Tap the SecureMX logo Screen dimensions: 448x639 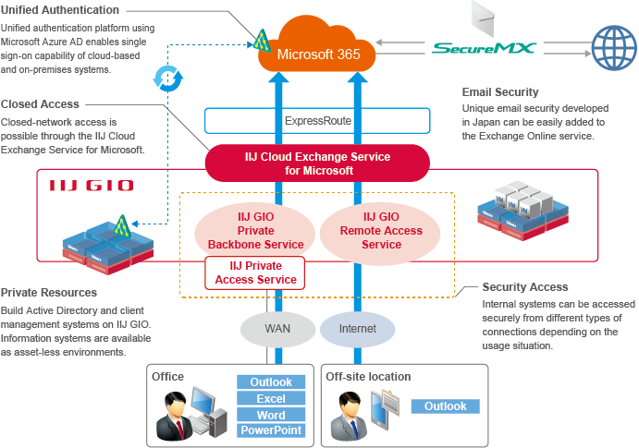[484, 46]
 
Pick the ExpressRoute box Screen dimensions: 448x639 [317, 121]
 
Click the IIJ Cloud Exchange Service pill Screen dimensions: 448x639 [317, 163]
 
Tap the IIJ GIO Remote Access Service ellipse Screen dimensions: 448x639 [381, 231]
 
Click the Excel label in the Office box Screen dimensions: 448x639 [270, 398]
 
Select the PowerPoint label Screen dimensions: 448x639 [270, 430]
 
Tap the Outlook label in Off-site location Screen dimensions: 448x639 [446, 406]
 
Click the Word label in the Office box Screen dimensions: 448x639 [270, 415]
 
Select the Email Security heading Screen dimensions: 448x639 [499, 91]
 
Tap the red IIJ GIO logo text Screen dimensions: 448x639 [91, 186]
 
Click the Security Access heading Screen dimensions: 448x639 [525, 287]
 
